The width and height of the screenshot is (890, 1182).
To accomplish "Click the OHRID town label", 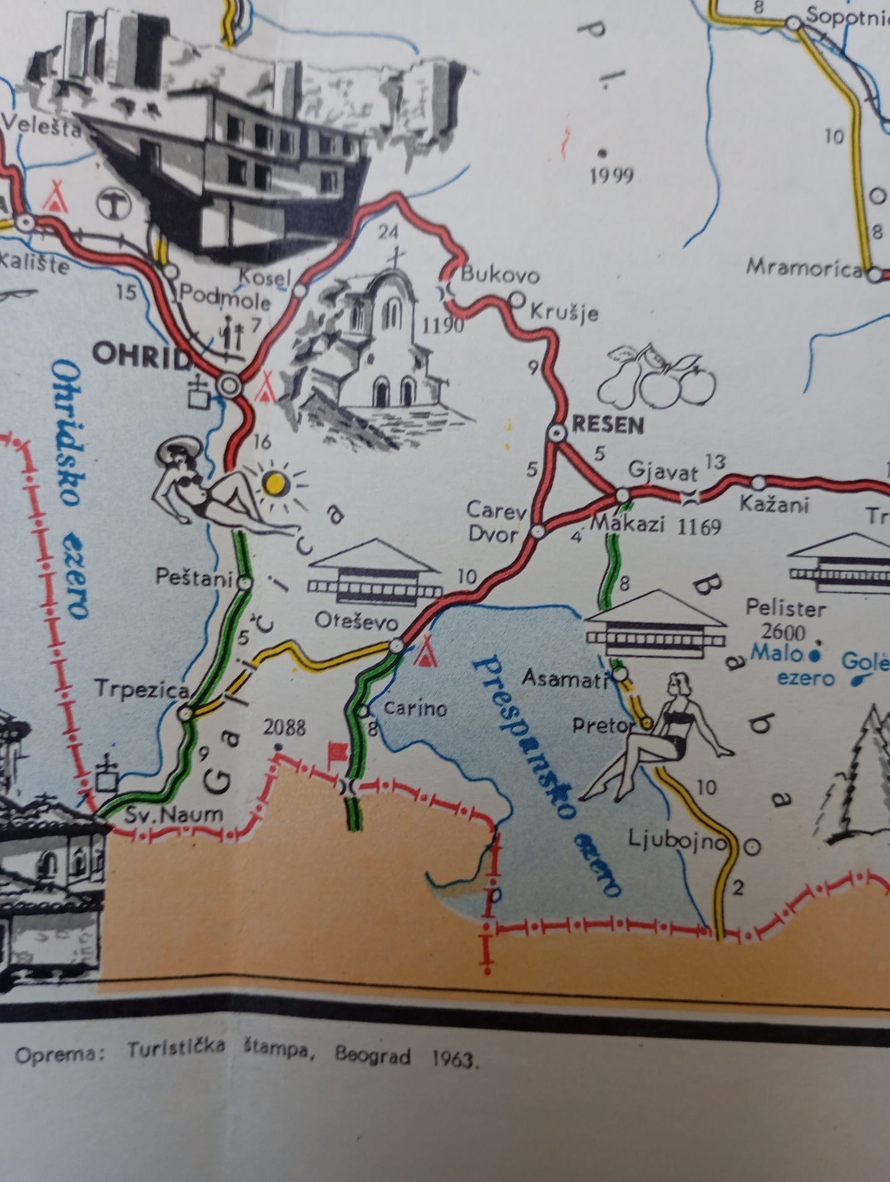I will tap(141, 355).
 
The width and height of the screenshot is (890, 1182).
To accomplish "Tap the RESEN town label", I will tap(608, 425).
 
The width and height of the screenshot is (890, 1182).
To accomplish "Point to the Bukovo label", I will tap(500, 275).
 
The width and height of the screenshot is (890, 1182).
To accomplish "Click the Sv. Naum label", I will tap(174, 816).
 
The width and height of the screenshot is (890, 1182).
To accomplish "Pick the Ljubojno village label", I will tap(678, 839).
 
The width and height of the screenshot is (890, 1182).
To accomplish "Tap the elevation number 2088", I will tap(284, 728).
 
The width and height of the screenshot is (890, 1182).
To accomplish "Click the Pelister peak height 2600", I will tap(783, 632).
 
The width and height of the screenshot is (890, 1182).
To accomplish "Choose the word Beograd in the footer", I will tap(373, 1056).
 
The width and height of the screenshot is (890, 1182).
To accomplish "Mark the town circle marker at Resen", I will tap(558, 433).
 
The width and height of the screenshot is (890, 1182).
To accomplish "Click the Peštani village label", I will tap(193, 578).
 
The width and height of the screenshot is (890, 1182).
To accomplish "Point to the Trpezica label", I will tap(142, 689).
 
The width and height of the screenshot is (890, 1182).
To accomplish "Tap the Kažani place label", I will tap(774, 504).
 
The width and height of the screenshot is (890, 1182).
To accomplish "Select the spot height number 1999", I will tap(611, 177).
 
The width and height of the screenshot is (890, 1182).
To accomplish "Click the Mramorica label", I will tap(804, 268).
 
